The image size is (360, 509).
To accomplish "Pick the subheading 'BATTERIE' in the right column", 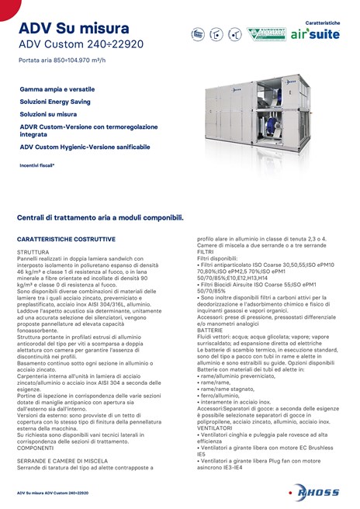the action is pos(210,329).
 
